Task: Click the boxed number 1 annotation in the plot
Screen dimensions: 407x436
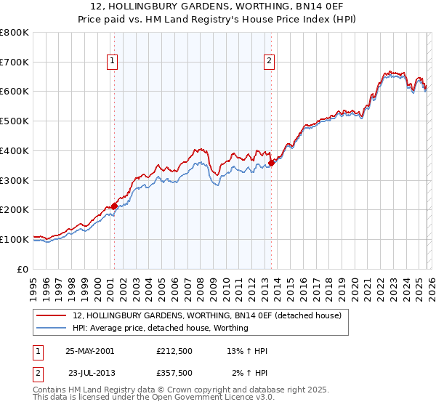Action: click(113, 62)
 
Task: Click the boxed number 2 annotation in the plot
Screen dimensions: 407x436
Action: click(269, 62)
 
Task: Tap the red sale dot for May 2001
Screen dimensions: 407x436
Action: click(114, 206)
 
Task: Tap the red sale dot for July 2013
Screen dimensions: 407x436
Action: click(271, 164)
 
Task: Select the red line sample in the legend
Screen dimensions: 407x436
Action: click(52, 315)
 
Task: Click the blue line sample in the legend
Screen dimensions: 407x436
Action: click(52, 328)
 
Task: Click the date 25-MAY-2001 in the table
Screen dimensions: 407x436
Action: click(89, 351)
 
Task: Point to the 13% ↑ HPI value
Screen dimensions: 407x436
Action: click(247, 351)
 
